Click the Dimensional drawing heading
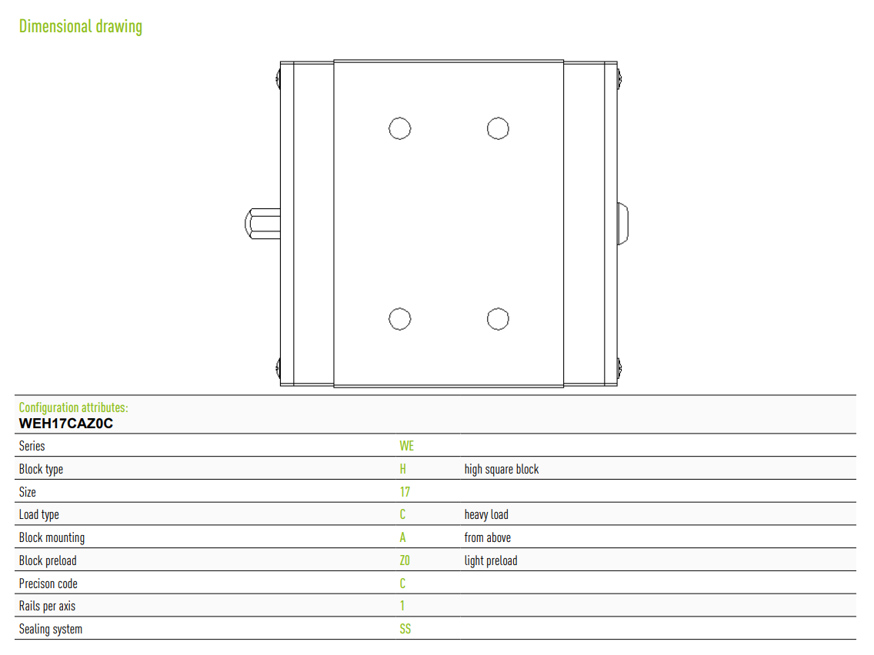coord(81,26)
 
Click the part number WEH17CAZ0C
coord(65,424)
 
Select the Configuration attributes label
coord(74,407)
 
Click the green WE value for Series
coord(406,446)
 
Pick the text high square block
coord(502,470)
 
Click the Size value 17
coord(405,492)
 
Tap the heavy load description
coord(486,514)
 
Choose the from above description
coord(487,537)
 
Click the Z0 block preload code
coord(405,560)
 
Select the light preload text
coord(491,561)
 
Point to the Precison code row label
coord(48,584)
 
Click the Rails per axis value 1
coord(402,606)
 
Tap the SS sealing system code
coord(405,629)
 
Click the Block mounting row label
coord(52,538)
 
